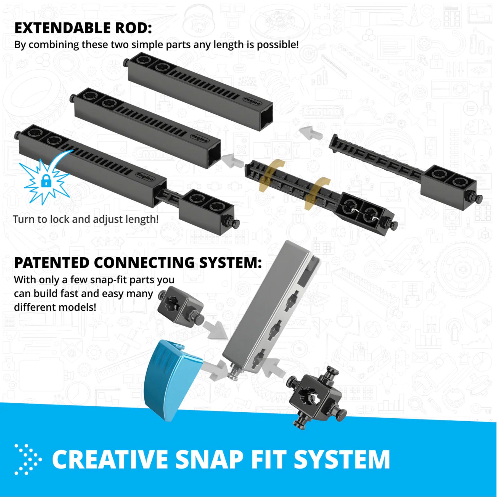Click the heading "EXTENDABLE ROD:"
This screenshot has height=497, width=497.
click(83, 28)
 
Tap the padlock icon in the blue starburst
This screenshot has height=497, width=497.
click(46, 180)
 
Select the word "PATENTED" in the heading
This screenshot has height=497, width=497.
click(52, 263)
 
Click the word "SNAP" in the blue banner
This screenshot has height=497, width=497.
click(209, 459)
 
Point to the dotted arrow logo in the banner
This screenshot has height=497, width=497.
click(28, 459)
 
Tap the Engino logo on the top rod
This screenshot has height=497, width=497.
click(252, 101)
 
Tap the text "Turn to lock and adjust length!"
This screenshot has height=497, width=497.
click(86, 219)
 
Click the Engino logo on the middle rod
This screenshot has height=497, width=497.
click(200, 138)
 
